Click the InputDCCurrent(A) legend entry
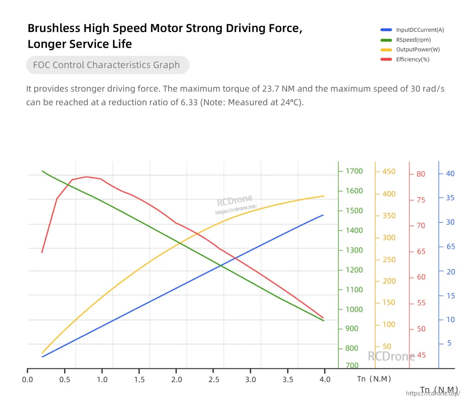click(x=412, y=30)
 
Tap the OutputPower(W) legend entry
click(x=410, y=50)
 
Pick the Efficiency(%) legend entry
click(x=405, y=60)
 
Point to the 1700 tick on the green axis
click(x=354, y=171)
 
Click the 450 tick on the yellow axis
click(x=389, y=172)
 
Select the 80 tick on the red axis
click(x=421, y=174)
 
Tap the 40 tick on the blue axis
click(x=450, y=174)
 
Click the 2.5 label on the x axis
click(x=214, y=380)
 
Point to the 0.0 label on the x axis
click(x=27, y=380)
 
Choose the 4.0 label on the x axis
click(x=325, y=380)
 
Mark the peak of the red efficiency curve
click(x=87, y=177)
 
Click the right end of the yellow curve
click(x=324, y=196)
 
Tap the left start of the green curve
click(x=43, y=171)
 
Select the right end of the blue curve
click(x=323, y=215)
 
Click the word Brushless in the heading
click(x=54, y=28)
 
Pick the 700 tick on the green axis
click(x=352, y=366)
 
